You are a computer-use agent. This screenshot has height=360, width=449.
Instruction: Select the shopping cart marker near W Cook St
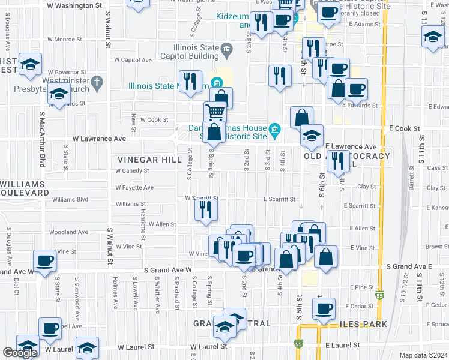tap(215, 112)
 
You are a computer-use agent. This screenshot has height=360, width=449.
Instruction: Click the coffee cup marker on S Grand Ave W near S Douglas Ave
tap(44, 260)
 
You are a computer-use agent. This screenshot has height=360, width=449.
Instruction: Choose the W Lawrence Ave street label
tap(99, 139)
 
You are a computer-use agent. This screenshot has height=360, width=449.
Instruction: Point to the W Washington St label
tap(74, 5)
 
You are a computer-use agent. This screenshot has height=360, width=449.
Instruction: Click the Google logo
tap(20, 353)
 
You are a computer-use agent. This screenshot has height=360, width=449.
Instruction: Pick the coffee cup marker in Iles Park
tap(324, 309)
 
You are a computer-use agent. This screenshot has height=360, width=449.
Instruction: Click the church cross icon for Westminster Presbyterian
tap(95, 81)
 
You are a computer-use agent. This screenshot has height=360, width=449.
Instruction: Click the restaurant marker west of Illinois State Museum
tap(190, 81)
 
